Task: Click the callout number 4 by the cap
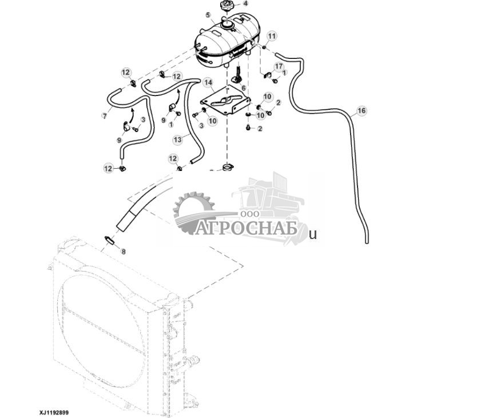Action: click(x=245, y=3)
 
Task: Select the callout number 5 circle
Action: click(x=208, y=15)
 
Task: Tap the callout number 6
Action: click(x=243, y=88)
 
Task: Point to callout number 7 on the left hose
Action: click(x=104, y=116)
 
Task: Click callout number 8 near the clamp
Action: click(x=123, y=251)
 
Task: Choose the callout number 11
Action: click(x=272, y=36)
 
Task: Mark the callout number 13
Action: click(x=177, y=139)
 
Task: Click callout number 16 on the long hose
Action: click(x=361, y=110)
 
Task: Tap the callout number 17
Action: click(x=279, y=67)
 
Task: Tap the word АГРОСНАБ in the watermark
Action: click(x=246, y=229)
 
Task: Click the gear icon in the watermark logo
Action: click(x=192, y=212)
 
